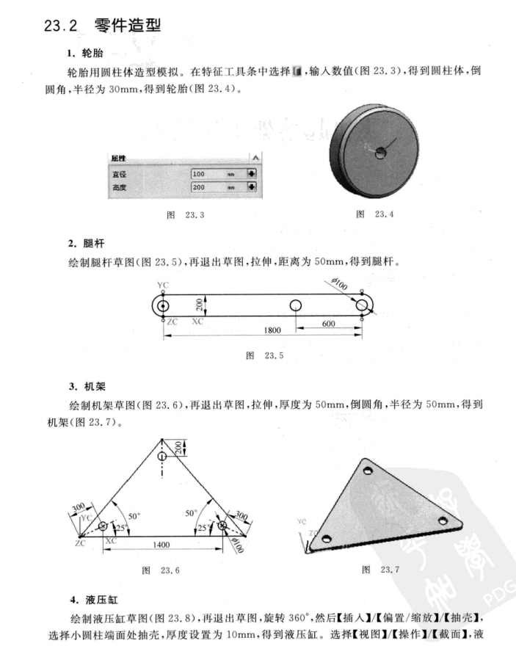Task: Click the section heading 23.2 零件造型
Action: click(x=102, y=26)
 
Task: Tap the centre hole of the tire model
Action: click(x=380, y=153)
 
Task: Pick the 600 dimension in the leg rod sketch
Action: click(x=328, y=324)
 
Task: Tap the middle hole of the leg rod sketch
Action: click(x=296, y=305)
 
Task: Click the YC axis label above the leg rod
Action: click(x=162, y=284)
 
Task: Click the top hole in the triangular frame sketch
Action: click(x=162, y=455)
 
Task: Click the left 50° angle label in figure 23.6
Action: click(x=133, y=515)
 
